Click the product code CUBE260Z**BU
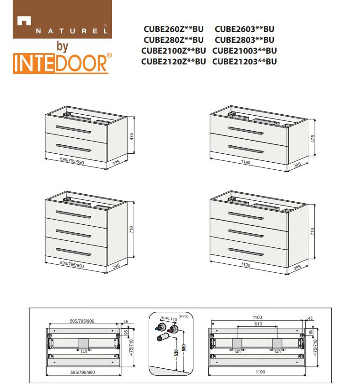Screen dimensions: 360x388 tap(173, 29)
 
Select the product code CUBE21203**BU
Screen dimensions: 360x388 tap(244, 62)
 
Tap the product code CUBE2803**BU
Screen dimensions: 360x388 tap(244, 40)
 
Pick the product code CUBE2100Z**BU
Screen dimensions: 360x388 tap(173, 51)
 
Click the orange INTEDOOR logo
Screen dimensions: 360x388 tap(62, 63)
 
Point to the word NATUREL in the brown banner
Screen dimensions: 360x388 tap(72, 31)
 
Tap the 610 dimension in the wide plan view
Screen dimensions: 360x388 tap(258, 324)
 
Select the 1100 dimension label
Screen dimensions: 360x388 tap(257, 317)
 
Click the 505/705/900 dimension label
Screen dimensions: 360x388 tap(82, 321)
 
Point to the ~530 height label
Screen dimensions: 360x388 tap(176, 354)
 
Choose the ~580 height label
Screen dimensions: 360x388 tap(184, 349)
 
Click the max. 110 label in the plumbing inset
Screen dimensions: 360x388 tap(169, 318)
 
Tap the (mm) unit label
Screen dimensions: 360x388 tap(184, 316)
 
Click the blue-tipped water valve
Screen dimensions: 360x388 tap(160, 327)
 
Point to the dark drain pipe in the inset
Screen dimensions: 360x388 tap(163, 337)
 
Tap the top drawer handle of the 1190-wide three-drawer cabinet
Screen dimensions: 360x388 tap(246, 215)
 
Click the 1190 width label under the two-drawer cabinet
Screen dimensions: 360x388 tap(245, 162)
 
